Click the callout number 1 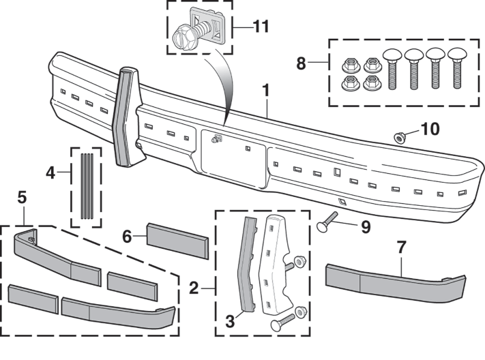(x=267, y=90)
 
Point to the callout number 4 (x=50, y=172)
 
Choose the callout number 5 (x=22, y=198)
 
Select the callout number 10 (x=430, y=128)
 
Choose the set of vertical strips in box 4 (x=87, y=185)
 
